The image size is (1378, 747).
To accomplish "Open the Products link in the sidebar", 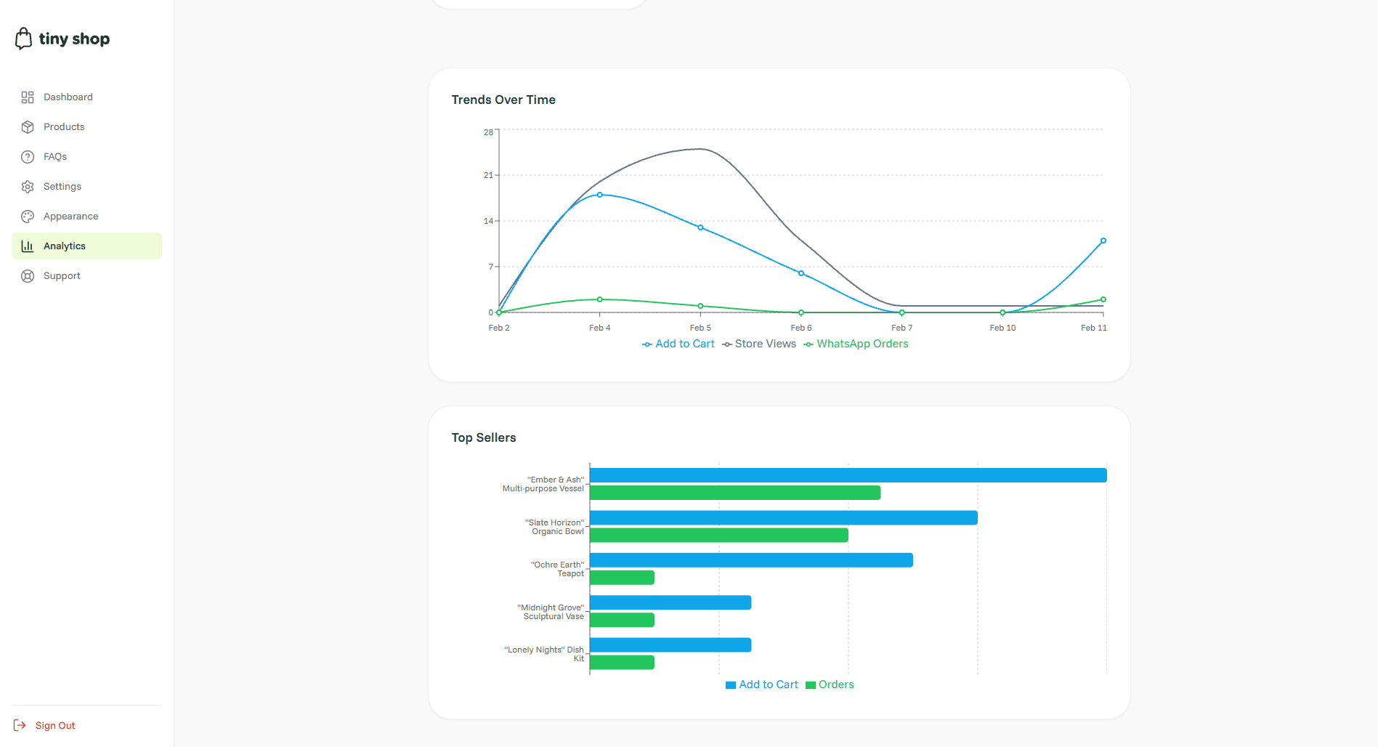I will coord(64,126).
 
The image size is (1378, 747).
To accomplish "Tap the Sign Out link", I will coord(54,725).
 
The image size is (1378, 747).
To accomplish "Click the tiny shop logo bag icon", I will coord(23,39).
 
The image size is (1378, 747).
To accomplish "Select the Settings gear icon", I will coord(28,187).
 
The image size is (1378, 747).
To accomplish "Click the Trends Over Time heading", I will coord(503,100).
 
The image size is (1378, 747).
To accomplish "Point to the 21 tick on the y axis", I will coord(488,175).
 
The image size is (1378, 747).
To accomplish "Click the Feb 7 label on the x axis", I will coord(901,328).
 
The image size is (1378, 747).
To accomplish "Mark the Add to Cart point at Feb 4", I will coord(599,195).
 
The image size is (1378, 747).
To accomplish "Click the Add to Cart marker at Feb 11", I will coord(1103,241).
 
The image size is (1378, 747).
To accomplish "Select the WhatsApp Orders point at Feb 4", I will coord(599,299).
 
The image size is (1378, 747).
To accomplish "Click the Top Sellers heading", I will coord(483,437).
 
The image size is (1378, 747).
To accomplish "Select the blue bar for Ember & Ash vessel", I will coord(848,475).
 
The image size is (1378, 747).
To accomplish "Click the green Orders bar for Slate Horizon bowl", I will coord(718,536).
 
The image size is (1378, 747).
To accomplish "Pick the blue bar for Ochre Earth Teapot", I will coord(751,560).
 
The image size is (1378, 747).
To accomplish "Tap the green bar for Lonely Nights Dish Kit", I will coord(622,663).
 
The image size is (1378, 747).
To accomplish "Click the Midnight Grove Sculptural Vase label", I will coord(551,612).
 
